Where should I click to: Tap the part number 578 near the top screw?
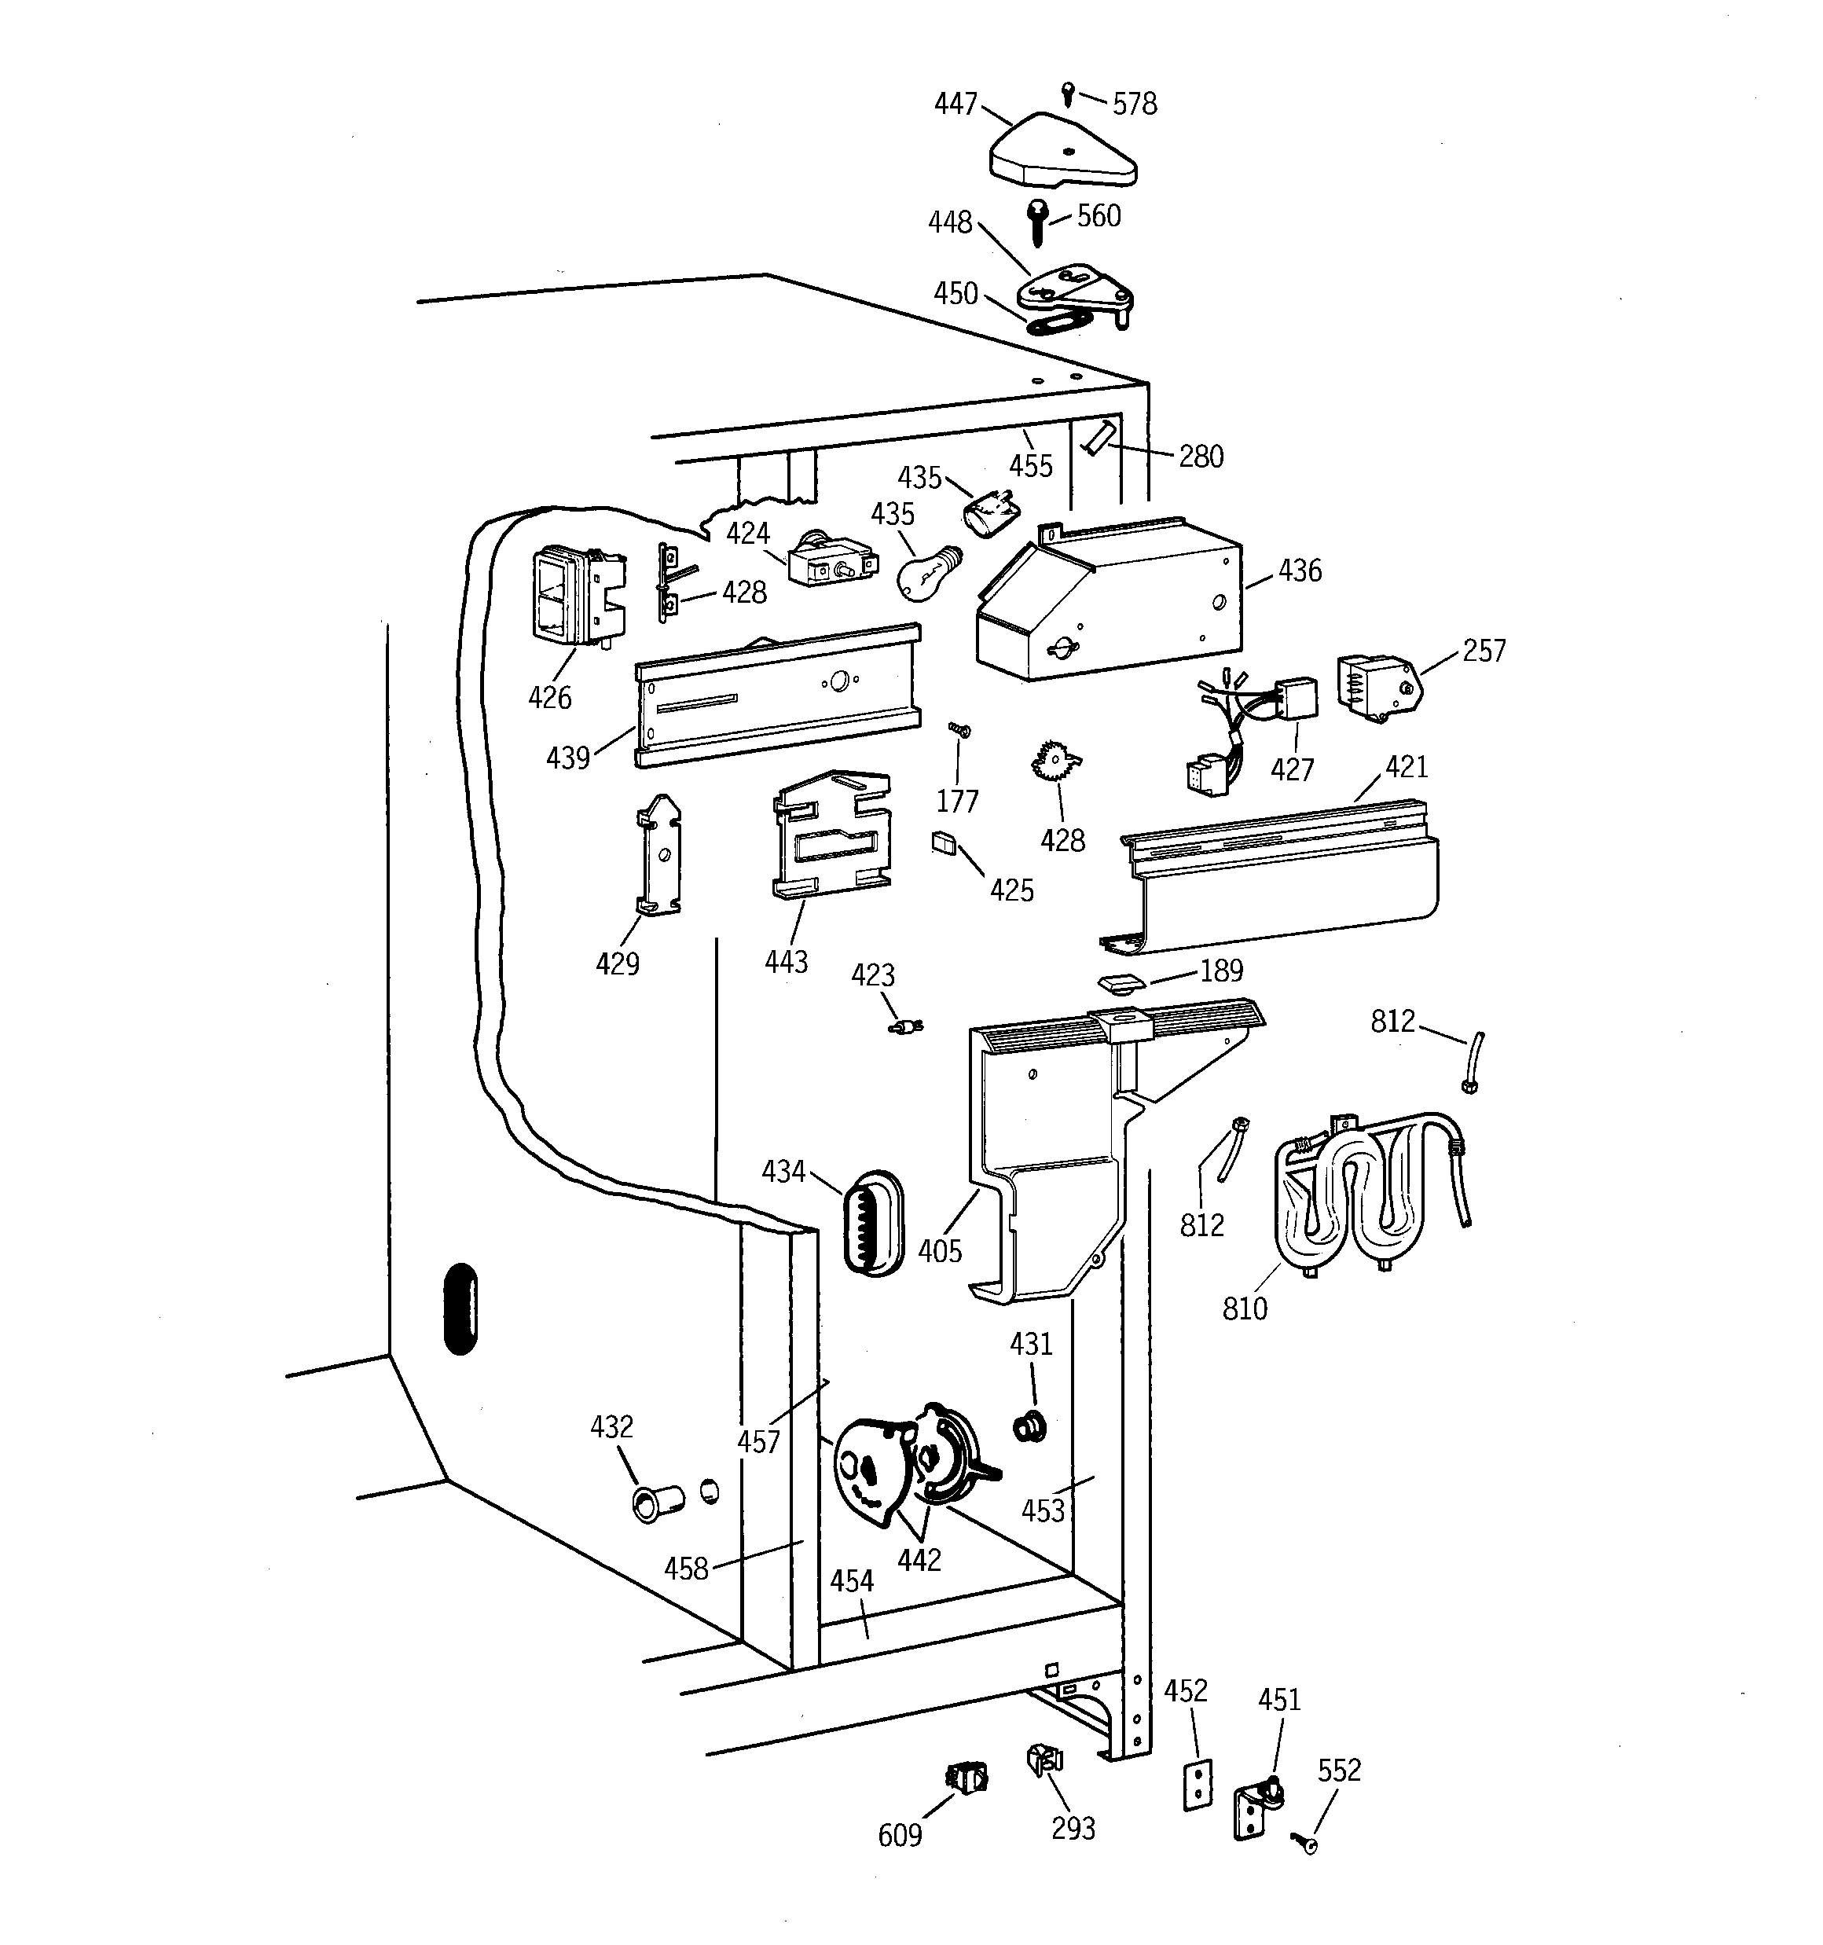pyautogui.click(x=1134, y=104)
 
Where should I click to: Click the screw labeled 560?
pyautogui.click(x=1037, y=223)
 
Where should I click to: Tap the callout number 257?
pyautogui.click(x=1484, y=651)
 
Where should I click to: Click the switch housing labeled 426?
pyautogui.click(x=574, y=596)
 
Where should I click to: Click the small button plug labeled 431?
pyautogui.click(x=1030, y=1427)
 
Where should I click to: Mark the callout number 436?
pyautogui.click(x=1300, y=571)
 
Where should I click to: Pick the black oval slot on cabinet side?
pyautogui.click(x=460, y=1309)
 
